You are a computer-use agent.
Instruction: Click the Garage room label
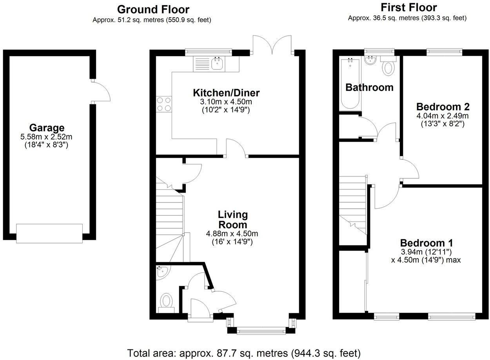pos(47,128)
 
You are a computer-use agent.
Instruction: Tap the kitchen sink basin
pos(218,64)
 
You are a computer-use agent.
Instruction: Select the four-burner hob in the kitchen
pos(164,104)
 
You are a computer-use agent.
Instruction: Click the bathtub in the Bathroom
pos(350,84)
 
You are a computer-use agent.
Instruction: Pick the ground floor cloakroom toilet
pos(166,303)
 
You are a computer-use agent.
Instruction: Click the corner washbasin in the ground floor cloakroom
pos(162,271)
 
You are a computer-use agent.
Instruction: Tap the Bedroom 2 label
pos(443,107)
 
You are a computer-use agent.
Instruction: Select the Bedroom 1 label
pos(426,243)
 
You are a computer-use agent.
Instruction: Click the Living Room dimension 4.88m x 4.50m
pos(232,234)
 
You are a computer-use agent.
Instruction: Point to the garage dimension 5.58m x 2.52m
pos(46,137)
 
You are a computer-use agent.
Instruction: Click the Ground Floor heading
pos(153,9)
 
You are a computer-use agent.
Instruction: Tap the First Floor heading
pos(409,8)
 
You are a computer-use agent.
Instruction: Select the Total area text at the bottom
pos(244,353)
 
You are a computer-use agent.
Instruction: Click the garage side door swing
pos(101,91)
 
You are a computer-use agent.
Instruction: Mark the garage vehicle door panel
pos(49,233)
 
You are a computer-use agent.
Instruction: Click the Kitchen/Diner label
pos(226,93)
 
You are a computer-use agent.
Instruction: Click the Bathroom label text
pos(370,87)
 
